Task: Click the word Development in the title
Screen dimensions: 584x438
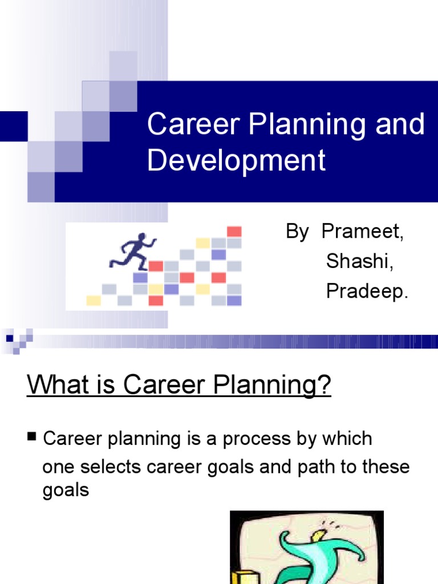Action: [236, 160]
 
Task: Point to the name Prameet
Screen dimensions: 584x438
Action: [363, 232]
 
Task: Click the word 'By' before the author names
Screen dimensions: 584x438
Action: [297, 232]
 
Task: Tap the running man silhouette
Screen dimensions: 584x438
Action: [133, 251]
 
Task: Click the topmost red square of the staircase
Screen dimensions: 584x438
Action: [234, 232]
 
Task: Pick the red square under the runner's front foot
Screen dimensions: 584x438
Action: [156, 266]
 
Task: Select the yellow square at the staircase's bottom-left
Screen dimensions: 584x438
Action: [94, 300]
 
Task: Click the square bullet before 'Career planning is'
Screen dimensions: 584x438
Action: [31, 437]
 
